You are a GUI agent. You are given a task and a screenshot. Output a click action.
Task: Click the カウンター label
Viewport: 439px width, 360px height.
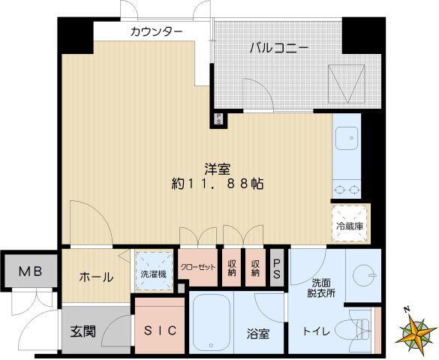point(156,31)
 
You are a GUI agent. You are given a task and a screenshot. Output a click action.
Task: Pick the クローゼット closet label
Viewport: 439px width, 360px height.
point(198,267)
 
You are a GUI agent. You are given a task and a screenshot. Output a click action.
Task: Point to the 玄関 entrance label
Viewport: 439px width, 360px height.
point(83,332)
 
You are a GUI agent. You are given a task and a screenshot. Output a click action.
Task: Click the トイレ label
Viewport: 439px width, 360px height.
point(315,331)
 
